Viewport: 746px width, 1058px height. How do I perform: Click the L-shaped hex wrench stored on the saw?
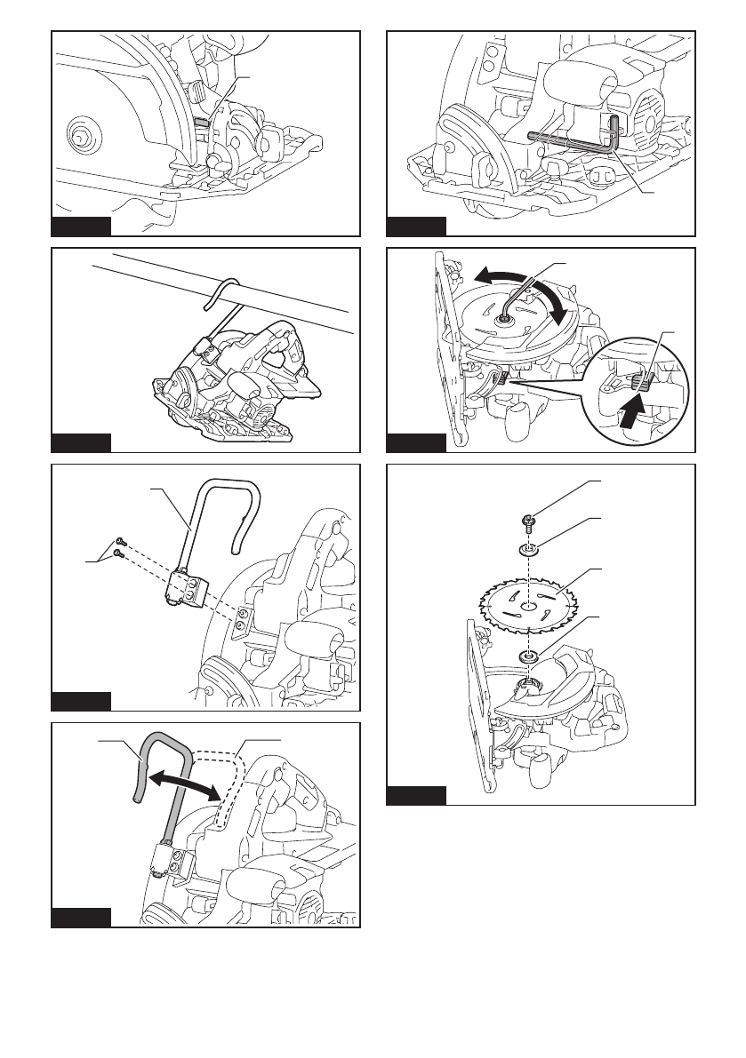coord(569,137)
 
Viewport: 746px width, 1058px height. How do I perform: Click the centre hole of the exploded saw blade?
coord(527,608)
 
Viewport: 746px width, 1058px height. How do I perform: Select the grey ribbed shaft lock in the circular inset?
coord(642,382)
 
